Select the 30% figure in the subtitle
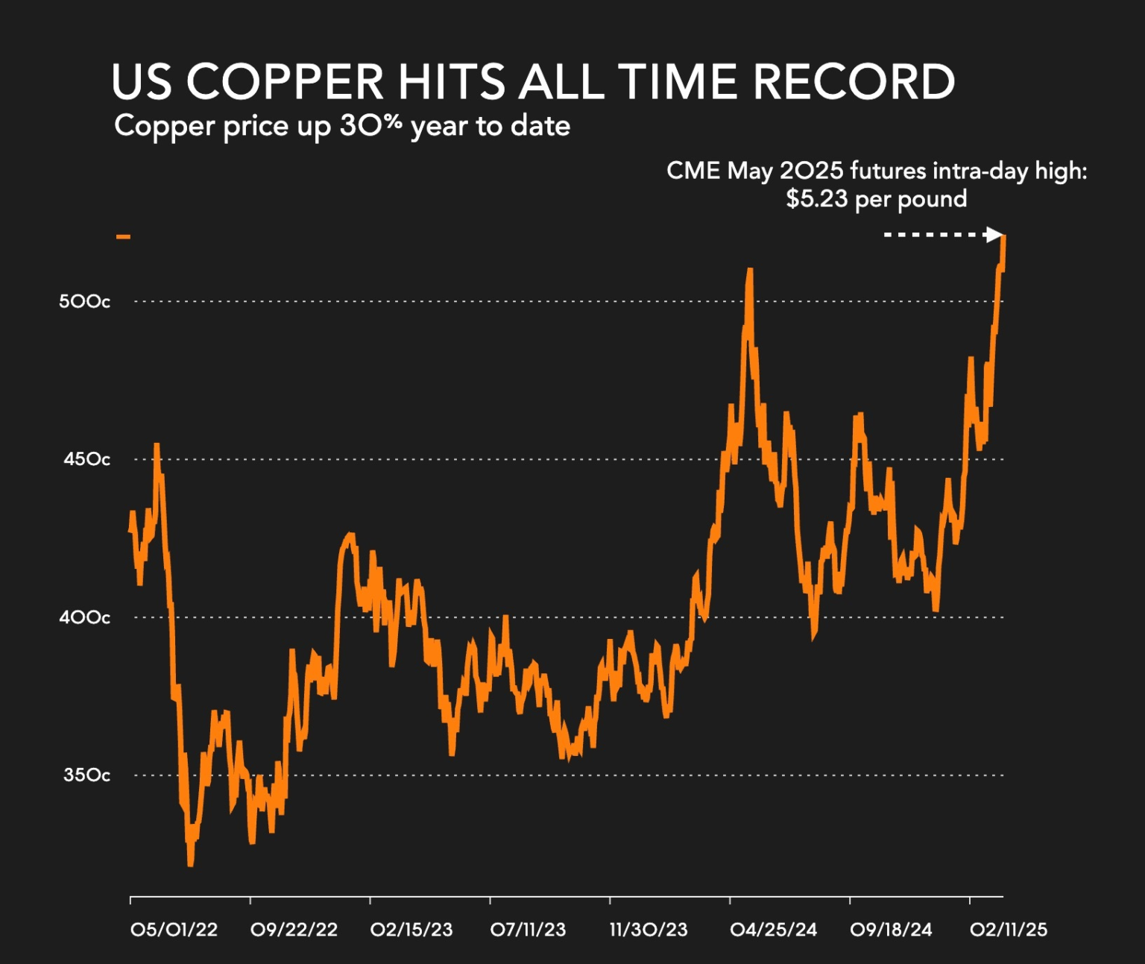[370, 125]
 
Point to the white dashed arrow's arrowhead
[994, 235]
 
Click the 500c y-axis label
[84, 301]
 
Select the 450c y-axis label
[86, 459]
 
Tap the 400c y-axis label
[84, 617]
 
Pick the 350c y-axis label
[86, 775]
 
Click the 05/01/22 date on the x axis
[174, 930]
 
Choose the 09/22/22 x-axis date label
[294, 930]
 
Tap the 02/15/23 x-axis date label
[411, 930]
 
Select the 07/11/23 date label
[528, 930]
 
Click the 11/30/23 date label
[649, 930]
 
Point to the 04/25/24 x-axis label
[773, 930]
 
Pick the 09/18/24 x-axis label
[891, 930]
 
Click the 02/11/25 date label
[1008, 930]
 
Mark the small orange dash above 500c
[123, 237]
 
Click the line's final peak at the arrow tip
[1004, 238]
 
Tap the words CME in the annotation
[693, 171]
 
